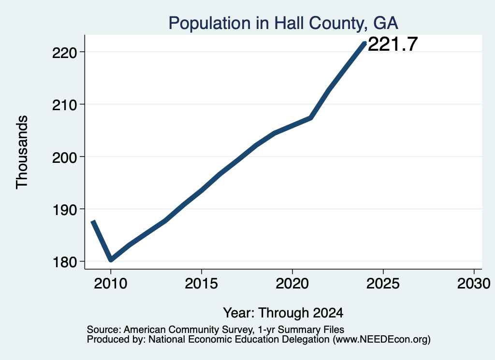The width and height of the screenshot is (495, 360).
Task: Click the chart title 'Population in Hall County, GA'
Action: click(283, 23)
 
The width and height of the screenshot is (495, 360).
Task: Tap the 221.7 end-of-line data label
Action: click(393, 44)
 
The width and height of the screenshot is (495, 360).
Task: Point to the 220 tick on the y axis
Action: click(64, 52)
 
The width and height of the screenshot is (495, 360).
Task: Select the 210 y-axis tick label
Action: click(64, 105)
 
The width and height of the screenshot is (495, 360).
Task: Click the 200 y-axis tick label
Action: click(64, 157)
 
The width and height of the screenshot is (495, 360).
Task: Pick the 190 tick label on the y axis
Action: click(64, 210)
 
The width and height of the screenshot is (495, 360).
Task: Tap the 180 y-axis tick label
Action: click(64, 262)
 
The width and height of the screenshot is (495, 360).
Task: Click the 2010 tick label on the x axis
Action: click(111, 283)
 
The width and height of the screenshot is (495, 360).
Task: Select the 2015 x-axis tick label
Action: click(202, 283)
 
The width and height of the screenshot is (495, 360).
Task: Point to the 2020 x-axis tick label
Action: click(292, 283)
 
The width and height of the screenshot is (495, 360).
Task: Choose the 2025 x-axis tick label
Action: click(383, 283)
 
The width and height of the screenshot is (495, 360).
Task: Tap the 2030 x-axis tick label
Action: click(474, 283)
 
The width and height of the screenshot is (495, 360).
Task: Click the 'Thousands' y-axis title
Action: click(22, 152)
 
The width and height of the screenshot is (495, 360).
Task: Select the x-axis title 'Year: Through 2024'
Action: click(283, 313)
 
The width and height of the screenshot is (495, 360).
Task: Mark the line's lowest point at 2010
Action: click(111, 259)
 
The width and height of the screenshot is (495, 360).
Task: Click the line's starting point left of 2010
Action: click(93, 222)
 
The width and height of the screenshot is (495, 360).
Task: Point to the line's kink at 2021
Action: click(311, 118)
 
